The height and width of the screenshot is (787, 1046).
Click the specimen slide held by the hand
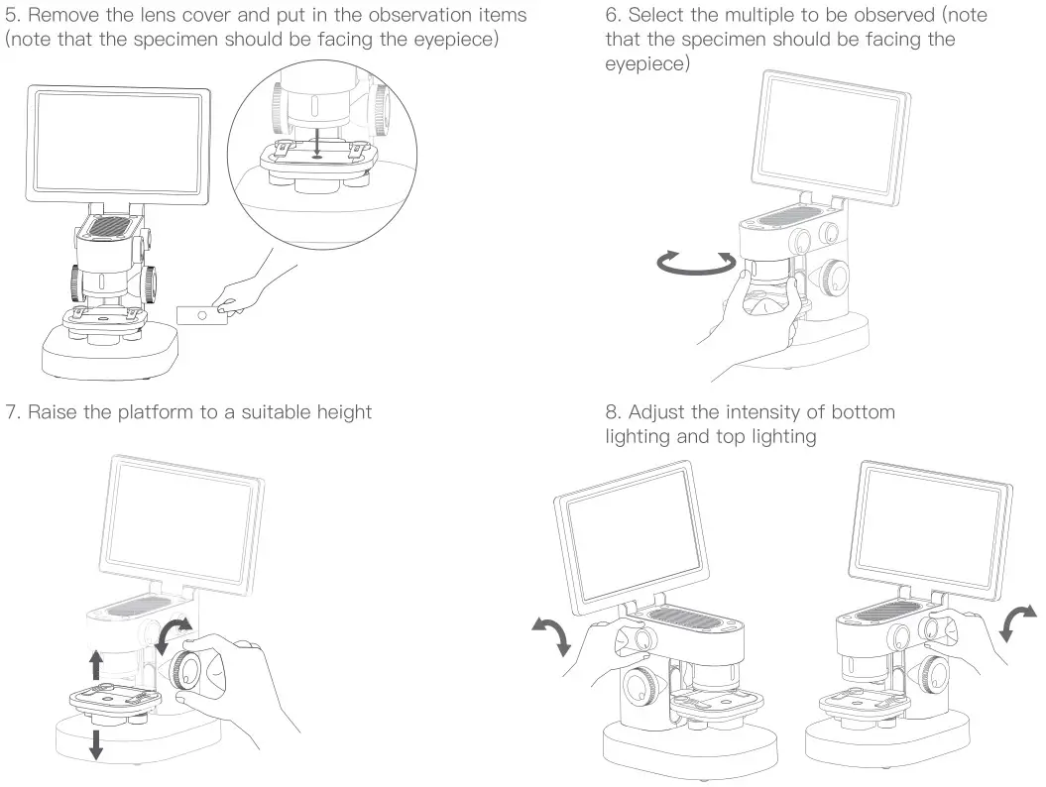(202, 314)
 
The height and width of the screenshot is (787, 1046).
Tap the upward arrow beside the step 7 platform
(96, 662)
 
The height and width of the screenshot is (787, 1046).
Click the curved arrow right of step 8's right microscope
(1018, 621)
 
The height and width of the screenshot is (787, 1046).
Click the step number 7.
(12, 411)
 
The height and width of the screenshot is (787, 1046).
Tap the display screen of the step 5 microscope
(119, 145)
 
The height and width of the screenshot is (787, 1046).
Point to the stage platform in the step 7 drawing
(109, 700)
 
